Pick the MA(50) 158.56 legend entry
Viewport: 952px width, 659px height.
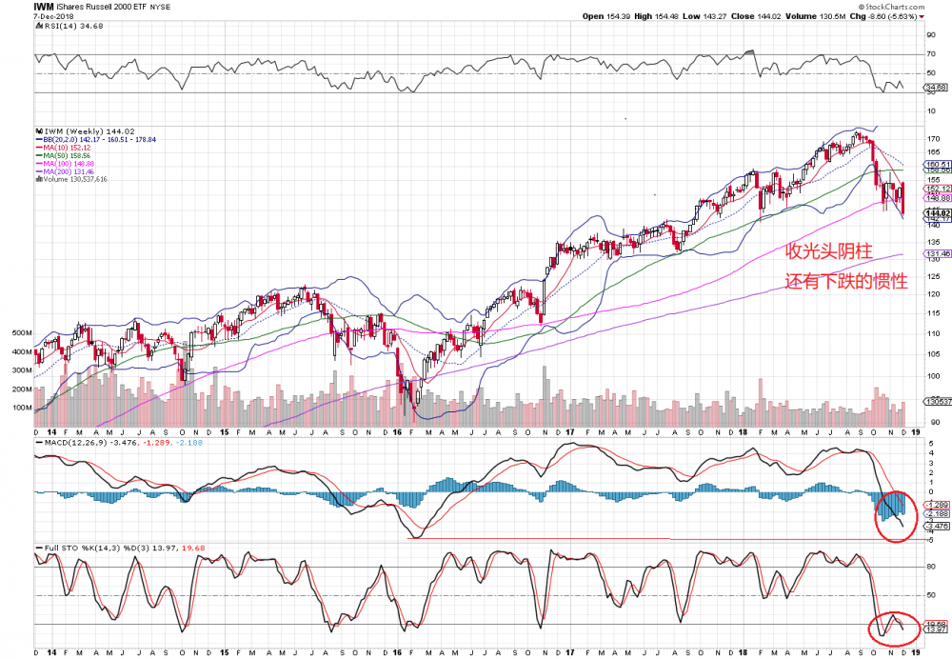pyautogui.click(x=66, y=155)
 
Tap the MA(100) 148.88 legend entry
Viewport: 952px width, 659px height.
pyautogui.click(x=68, y=163)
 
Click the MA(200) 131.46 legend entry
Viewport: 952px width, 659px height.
pyautogui.click(x=68, y=170)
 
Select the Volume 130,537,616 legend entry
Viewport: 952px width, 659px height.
pyautogui.click(x=74, y=179)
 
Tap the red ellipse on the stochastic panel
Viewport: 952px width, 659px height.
pyautogui.click(x=894, y=628)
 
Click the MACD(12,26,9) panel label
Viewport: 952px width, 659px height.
pyautogui.click(x=71, y=443)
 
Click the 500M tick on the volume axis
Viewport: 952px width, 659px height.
pyautogui.click(x=22, y=333)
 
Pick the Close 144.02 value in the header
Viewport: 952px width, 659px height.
pyautogui.click(x=763, y=16)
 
